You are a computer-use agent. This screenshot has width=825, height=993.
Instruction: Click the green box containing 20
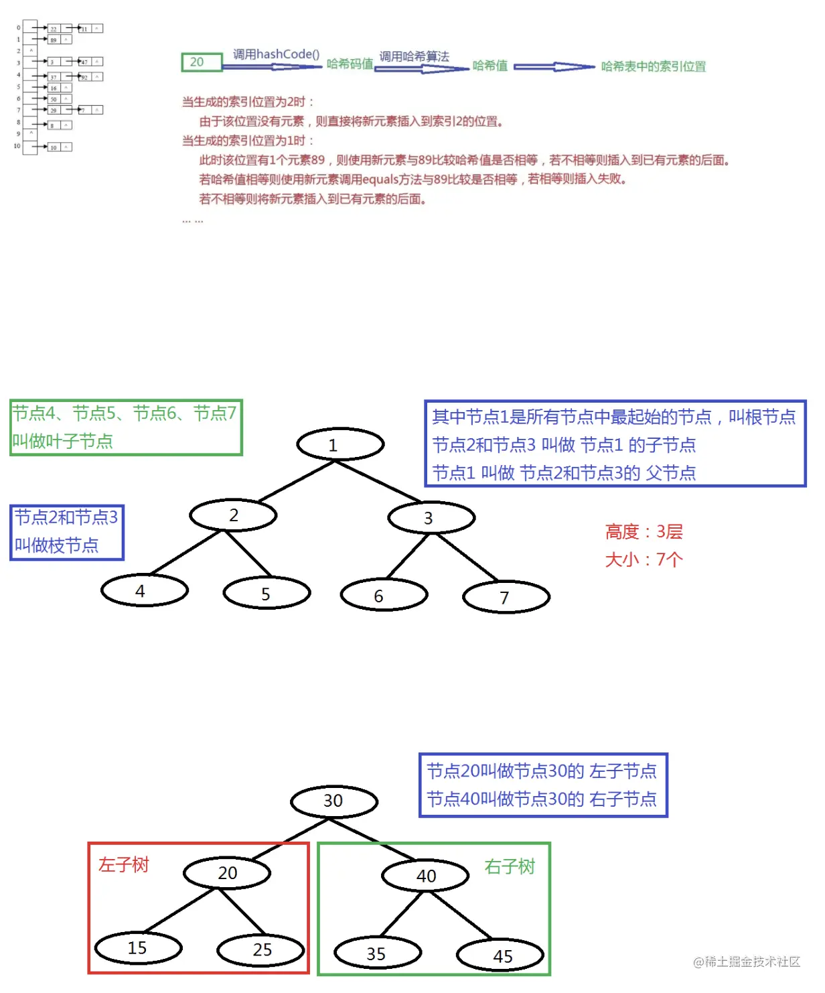coord(201,62)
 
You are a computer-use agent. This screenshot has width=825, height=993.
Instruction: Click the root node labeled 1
coord(340,444)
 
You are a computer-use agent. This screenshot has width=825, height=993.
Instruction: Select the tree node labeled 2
coord(233,515)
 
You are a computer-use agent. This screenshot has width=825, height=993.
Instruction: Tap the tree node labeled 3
coord(431,518)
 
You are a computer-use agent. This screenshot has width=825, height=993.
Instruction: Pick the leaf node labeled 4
coord(145,591)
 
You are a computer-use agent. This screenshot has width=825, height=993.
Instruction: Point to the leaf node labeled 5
coord(267,594)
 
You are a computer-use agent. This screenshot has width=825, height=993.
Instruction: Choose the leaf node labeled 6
coord(384,596)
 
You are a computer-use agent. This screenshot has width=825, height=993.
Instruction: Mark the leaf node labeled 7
coord(506,597)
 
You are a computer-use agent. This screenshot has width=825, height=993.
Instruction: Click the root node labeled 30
coord(334,801)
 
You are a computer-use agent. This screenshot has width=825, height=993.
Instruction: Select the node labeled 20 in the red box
coord(228,873)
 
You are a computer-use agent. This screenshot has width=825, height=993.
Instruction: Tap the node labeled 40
coord(425,876)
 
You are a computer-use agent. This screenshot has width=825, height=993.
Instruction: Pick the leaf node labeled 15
coord(139,948)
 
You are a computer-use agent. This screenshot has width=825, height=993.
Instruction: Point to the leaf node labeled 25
coord(261,950)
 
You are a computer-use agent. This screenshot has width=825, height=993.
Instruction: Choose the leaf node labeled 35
coord(378,953)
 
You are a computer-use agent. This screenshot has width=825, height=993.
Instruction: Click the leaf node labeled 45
coord(500,956)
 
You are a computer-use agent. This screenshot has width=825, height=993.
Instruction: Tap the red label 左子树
coord(124,865)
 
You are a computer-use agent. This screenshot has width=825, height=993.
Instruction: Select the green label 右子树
coord(510,867)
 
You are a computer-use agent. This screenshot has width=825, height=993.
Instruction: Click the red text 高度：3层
coord(644,532)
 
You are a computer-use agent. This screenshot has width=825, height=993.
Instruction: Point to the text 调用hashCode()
coord(276,54)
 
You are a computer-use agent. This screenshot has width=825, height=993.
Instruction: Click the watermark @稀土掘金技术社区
coord(747,962)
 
